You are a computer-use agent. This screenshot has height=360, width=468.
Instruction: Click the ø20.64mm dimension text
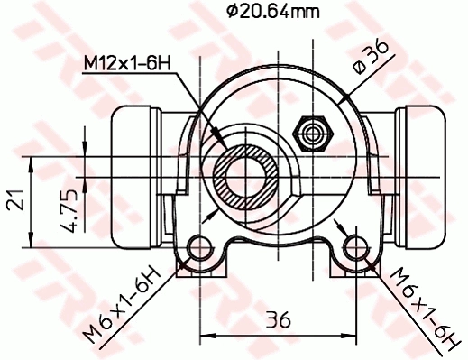point(273,12)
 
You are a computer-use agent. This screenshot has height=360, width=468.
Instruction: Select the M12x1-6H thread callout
point(127,63)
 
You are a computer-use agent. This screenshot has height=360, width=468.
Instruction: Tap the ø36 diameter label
point(371,57)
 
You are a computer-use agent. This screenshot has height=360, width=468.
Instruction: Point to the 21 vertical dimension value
point(15,199)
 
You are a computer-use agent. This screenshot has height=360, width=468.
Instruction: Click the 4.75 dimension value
point(69,210)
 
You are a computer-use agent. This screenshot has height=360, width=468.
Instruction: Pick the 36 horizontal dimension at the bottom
point(279,319)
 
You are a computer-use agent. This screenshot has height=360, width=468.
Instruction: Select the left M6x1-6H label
point(121,304)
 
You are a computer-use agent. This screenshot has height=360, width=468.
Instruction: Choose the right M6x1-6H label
point(426,309)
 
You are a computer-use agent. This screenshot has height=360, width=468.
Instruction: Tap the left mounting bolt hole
point(199,248)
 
